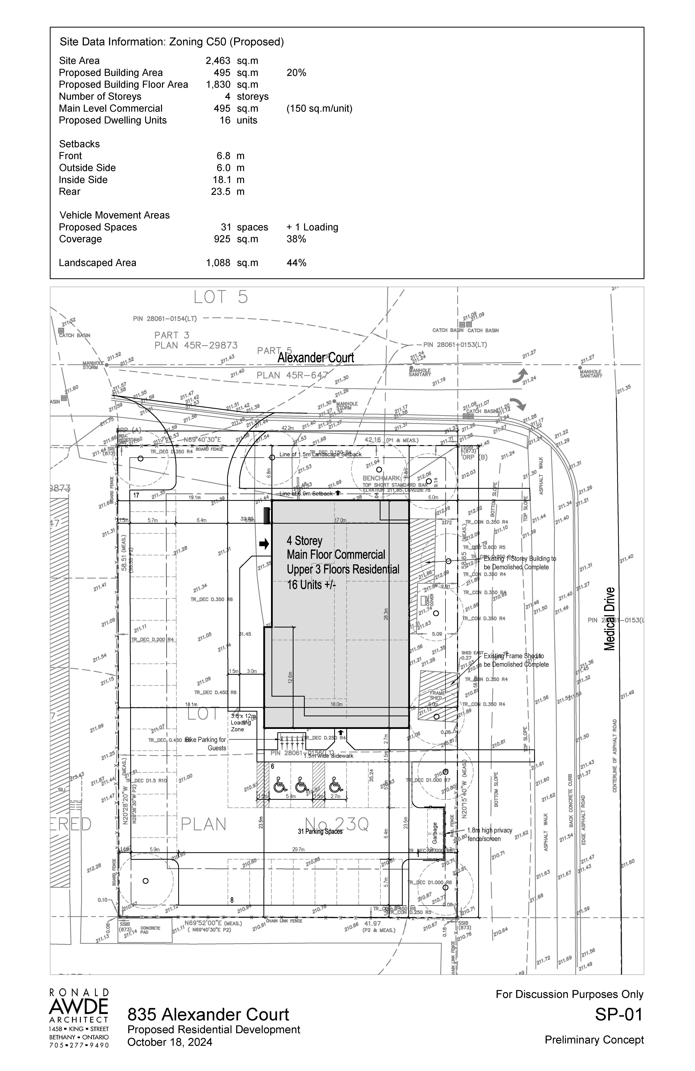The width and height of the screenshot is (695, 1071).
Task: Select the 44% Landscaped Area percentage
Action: point(296,263)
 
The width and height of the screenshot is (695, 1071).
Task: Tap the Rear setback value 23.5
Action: point(221,192)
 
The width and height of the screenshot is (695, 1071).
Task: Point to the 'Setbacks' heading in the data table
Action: point(79,144)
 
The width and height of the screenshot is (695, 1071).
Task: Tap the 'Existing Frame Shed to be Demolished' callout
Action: point(516,660)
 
